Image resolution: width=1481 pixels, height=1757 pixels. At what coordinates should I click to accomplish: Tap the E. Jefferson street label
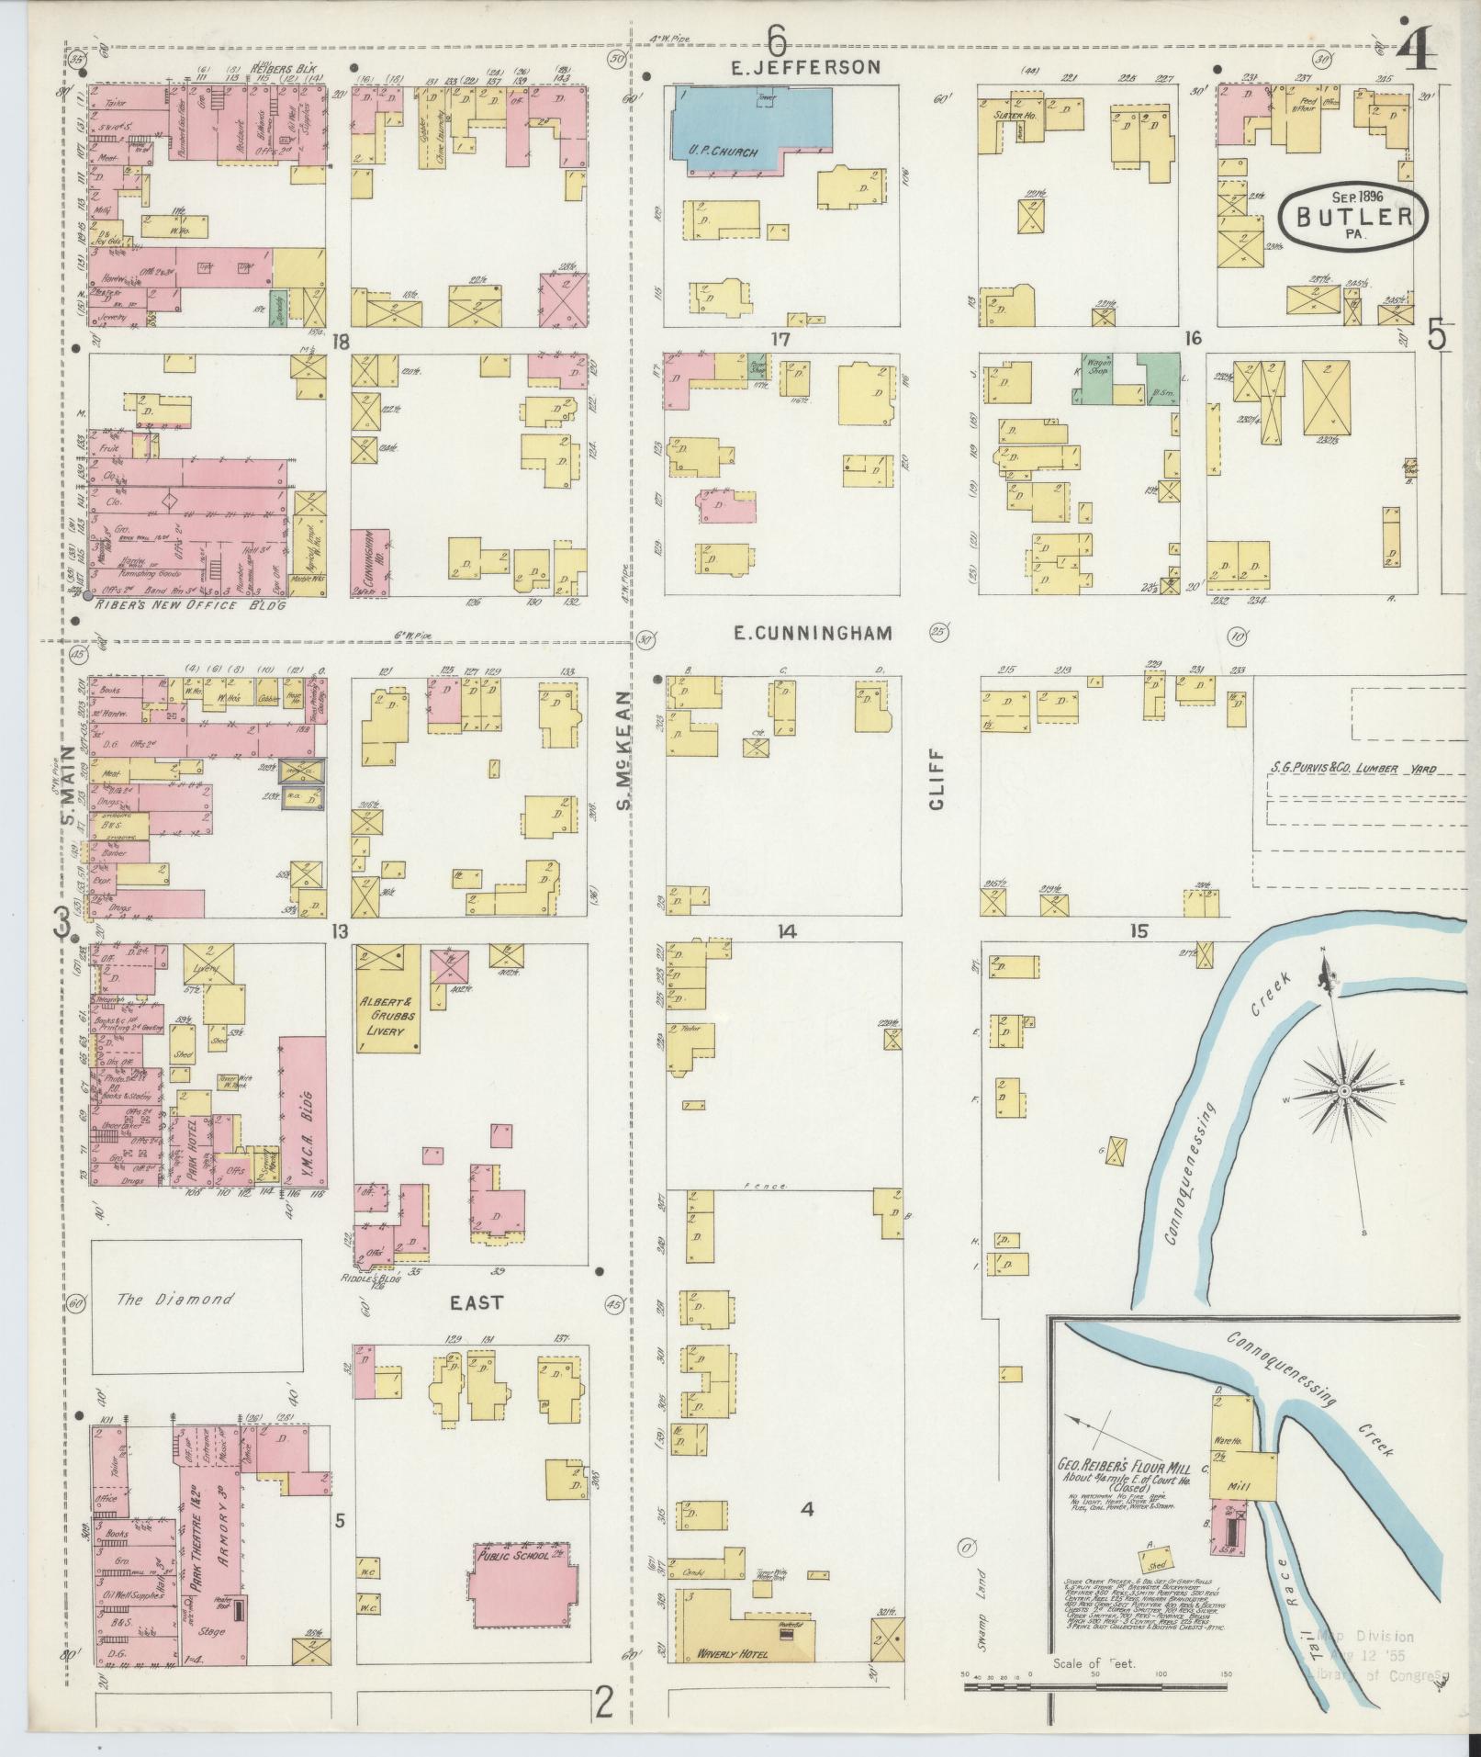[805, 67]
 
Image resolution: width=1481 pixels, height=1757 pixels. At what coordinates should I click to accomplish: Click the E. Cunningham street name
[813, 633]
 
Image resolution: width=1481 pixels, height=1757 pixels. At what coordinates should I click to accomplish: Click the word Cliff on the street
[937, 789]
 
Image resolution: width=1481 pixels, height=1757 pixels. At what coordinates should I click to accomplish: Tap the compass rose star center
[1343, 1090]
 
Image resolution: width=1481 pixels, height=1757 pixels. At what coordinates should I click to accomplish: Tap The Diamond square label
[174, 1300]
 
